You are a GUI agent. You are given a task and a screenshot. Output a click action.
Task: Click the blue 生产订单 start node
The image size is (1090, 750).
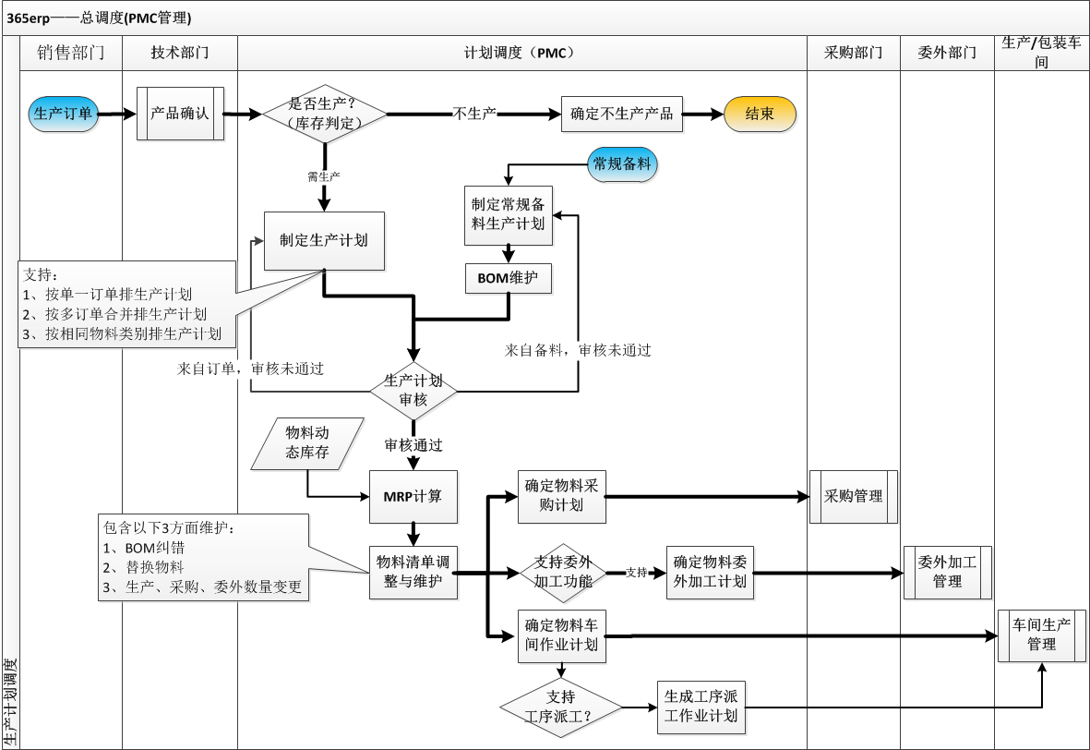coord(63,114)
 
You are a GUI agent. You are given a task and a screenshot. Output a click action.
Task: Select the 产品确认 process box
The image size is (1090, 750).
coord(180,114)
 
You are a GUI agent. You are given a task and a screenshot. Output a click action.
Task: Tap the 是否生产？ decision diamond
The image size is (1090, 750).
coord(324,114)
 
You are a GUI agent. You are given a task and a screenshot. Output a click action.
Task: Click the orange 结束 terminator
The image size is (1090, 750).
coord(759,114)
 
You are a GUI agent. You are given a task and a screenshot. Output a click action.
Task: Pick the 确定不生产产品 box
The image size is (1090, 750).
coord(621,115)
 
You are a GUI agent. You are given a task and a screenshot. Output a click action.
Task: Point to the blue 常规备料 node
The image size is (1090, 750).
coord(622,164)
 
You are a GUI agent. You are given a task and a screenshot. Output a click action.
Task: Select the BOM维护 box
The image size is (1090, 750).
coord(508,277)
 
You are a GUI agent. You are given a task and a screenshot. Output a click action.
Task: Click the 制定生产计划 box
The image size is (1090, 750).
coord(323,240)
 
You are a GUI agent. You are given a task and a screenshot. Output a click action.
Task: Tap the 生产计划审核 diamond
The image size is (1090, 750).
coord(413,391)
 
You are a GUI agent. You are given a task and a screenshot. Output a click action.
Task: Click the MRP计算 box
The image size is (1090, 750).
coord(413,496)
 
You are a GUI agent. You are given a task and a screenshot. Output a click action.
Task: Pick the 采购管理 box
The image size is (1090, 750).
coord(854,496)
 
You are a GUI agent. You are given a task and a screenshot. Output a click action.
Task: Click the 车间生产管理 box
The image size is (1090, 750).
coord(1041,635)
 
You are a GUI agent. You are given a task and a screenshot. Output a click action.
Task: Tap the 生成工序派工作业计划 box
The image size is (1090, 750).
coord(701,707)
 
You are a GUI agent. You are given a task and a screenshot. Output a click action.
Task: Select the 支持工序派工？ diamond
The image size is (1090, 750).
coord(560,707)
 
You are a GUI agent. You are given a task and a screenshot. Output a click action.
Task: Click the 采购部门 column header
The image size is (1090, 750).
coord(854,53)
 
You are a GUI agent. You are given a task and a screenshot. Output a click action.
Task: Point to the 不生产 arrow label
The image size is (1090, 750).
coord(474,114)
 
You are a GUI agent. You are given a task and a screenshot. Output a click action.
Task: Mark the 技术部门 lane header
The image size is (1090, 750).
coord(180,53)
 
